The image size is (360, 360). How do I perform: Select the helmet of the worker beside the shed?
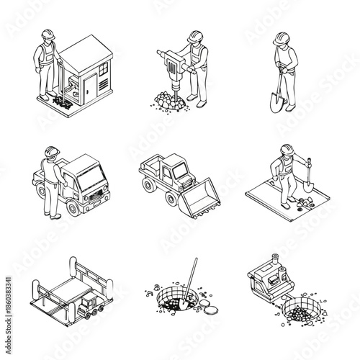click(x=47, y=35)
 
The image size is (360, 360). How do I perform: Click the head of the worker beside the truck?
click(x=50, y=152)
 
